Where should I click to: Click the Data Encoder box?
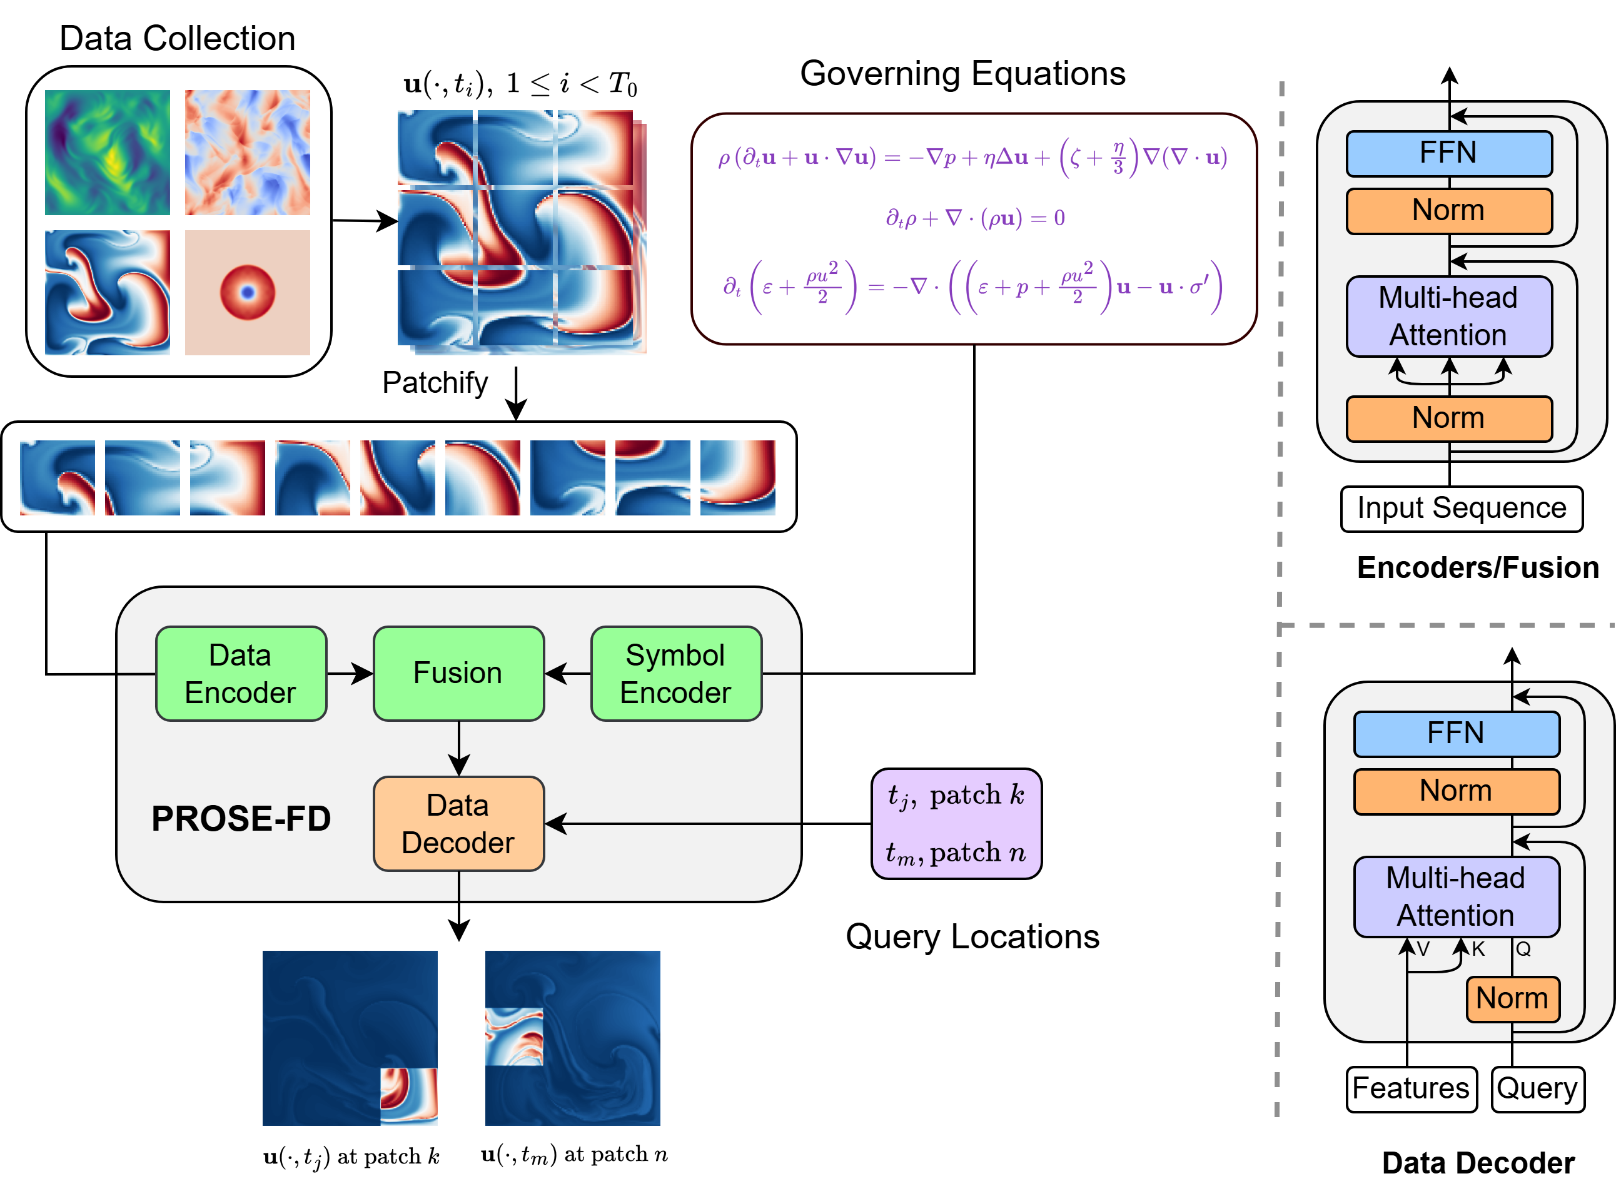point(241,673)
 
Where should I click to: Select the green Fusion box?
point(458,673)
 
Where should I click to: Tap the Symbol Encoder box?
point(675,673)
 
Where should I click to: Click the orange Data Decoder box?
point(458,824)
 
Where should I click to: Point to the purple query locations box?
point(956,824)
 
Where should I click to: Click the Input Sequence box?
point(1461,508)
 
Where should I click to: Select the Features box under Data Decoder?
point(1410,1088)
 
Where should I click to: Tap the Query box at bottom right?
point(1537,1088)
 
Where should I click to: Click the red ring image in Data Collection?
point(247,292)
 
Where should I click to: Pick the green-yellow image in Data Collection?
point(107,152)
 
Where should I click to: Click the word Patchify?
point(435,382)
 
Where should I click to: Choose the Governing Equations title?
point(962,73)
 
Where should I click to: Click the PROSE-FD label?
point(241,819)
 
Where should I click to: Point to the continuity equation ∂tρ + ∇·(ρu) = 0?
point(974,218)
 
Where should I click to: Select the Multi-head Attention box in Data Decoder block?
point(1455,896)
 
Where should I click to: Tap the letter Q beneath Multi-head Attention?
point(1523,949)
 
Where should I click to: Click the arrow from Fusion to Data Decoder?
point(458,749)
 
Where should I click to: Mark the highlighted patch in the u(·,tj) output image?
point(408,1095)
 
